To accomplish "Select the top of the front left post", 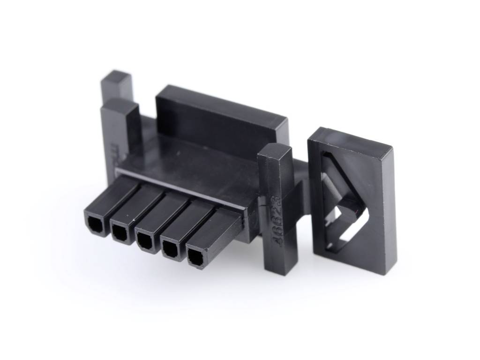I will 120,106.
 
